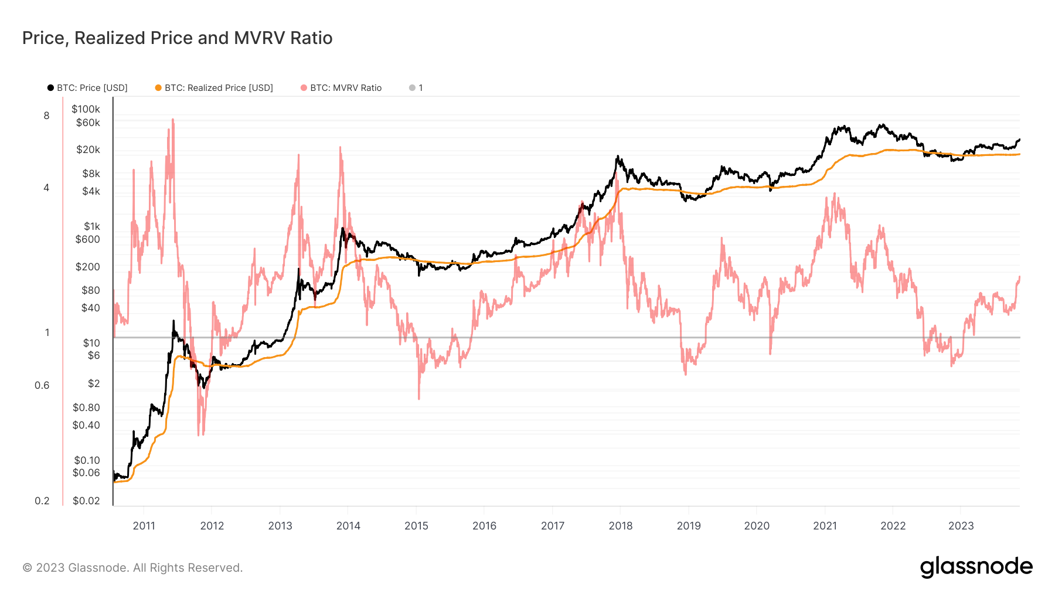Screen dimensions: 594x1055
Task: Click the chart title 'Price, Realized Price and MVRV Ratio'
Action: pos(177,38)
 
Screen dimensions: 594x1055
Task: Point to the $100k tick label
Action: pos(86,109)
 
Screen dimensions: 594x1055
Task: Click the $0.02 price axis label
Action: pos(86,501)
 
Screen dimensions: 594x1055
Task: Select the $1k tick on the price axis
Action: pos(91,226)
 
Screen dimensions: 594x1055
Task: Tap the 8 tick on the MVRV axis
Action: pos(46,116)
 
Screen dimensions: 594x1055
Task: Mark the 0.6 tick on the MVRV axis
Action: pos(42,385)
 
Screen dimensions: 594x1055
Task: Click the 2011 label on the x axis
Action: pos(144,526)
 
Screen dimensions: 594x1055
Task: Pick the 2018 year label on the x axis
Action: pos(620,526)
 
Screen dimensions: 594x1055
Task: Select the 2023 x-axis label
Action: pos(961,526)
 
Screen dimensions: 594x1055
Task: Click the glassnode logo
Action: pos(976,567)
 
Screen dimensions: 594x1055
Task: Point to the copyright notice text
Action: pos(132,568)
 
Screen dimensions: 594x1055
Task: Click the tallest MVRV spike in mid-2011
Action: pos(173,120)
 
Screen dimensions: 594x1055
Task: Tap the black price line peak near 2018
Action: pos(617,157)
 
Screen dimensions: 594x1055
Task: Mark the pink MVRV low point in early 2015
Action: pos(419,399)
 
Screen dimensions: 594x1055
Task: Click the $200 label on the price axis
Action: pos(87,267)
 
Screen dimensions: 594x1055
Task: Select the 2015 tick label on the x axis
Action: pos(416,526)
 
